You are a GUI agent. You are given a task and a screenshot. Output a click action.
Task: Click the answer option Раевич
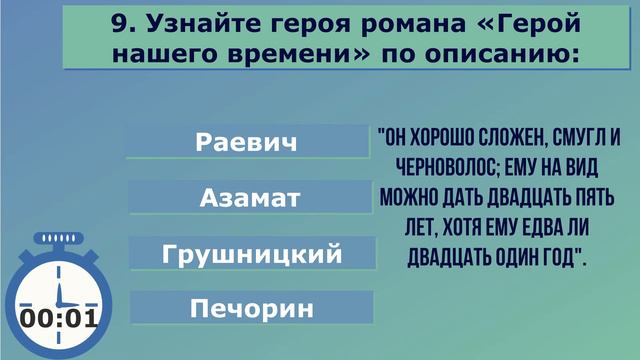(x=247, y=142)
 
